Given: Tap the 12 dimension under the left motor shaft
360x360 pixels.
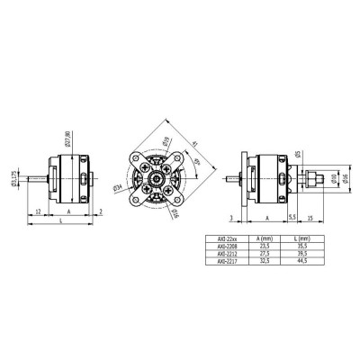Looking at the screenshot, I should click(36, 211).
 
